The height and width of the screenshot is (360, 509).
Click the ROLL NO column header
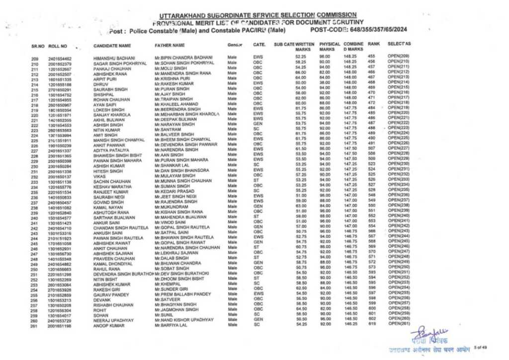click(58, 46)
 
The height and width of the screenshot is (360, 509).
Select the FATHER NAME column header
click(170, 46)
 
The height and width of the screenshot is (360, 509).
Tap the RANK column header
click(374, 44)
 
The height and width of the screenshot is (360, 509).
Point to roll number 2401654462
click(60, 59)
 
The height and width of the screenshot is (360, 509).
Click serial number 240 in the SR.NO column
click(35, 218)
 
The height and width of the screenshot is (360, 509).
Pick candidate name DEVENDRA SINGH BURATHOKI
click(122, 274)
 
